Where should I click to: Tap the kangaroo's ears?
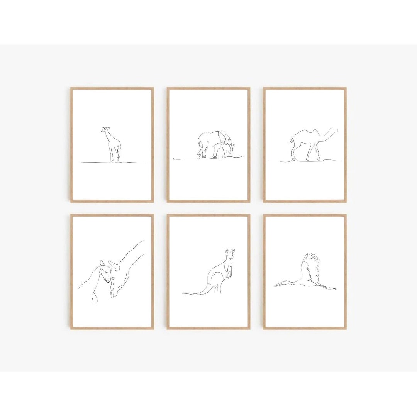pyautogui.click(x=230, y=251)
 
